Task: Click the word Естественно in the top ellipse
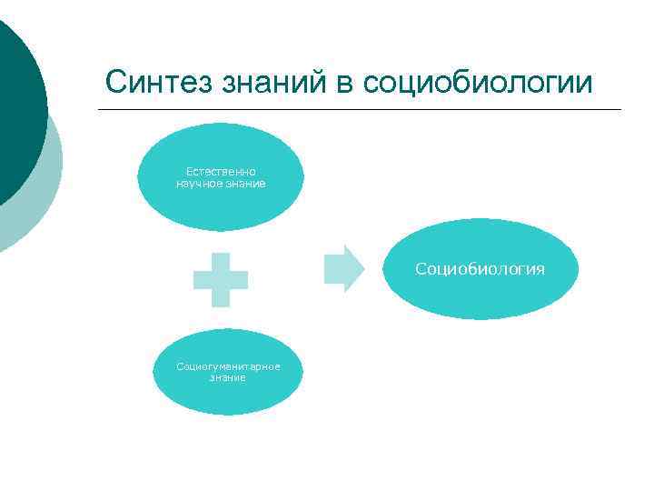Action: point(221,171)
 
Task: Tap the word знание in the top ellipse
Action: point(247,184)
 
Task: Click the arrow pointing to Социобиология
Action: point(343,268)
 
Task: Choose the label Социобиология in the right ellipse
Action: point(480,269)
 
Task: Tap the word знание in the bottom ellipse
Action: point(227,377)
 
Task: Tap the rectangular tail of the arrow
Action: point(334,268)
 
